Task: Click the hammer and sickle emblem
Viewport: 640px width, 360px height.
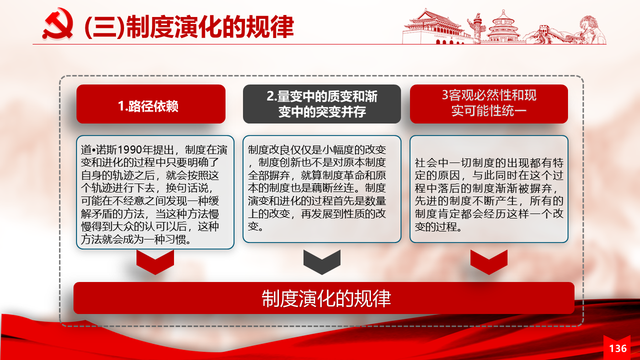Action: (57, 24)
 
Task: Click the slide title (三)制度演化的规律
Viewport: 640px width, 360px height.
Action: (189, 26)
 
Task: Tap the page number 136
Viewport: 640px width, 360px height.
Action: (617, 348)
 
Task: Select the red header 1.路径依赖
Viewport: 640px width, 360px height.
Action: (151, 104)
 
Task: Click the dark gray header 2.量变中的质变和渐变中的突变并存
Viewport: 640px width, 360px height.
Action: (322, 104)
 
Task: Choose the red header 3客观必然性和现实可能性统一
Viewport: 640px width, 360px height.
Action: (489, 104)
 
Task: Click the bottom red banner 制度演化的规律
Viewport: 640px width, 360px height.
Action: (324, 298)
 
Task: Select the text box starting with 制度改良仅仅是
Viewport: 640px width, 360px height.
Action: (322, 189)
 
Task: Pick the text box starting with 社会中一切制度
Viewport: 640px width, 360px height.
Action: (489, 189)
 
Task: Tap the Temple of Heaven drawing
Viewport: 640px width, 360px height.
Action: (503, 27)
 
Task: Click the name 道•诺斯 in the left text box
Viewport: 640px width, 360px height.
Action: (99, 149)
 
